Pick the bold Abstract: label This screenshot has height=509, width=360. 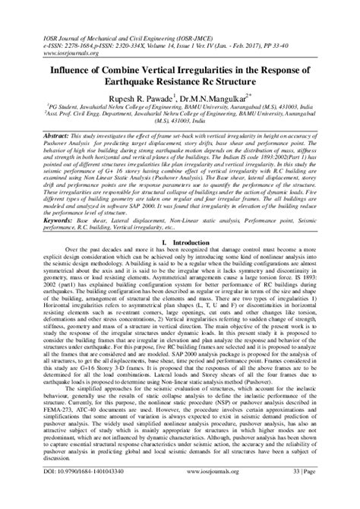(x=47, y=132)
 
